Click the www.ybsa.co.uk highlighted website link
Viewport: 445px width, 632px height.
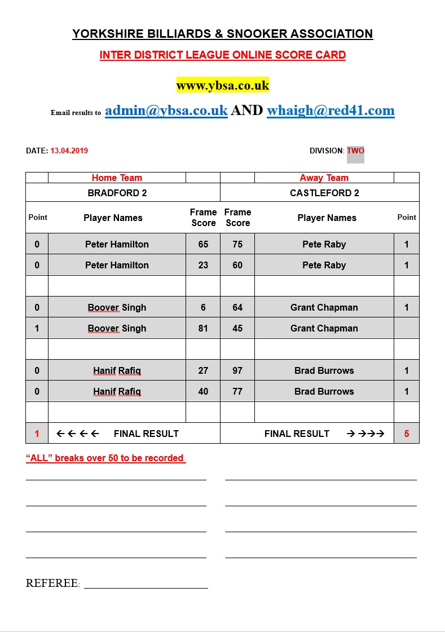click(222, 86)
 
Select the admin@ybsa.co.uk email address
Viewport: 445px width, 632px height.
click(166, 110)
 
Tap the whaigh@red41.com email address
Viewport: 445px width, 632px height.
click(331, 110)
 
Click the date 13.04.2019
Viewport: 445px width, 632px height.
click(69, 151)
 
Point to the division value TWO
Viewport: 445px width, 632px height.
click(355, 151)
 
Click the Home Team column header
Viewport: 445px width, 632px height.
click(117, 178)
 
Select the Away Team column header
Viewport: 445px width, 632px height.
click(324, 178)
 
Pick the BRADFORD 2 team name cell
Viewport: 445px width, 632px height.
click(117, 193)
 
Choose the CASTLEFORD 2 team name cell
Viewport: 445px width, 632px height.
click(324, 193)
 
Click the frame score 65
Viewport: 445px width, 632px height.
click(203, 244)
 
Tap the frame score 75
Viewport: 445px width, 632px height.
click(237, 244)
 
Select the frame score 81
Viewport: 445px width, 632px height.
click(203, 328)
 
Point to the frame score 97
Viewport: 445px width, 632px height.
click(237, 370)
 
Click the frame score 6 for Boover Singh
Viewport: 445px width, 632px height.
click(203, 307)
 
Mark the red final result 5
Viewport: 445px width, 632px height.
click(407, 434)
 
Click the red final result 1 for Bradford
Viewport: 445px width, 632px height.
click(37, 434)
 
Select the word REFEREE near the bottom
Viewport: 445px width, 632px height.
click(52, 583)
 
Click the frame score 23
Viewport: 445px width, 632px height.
click(203, 265)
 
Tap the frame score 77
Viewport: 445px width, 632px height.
click(237, 391)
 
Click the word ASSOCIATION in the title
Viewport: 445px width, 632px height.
click(331, 34)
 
